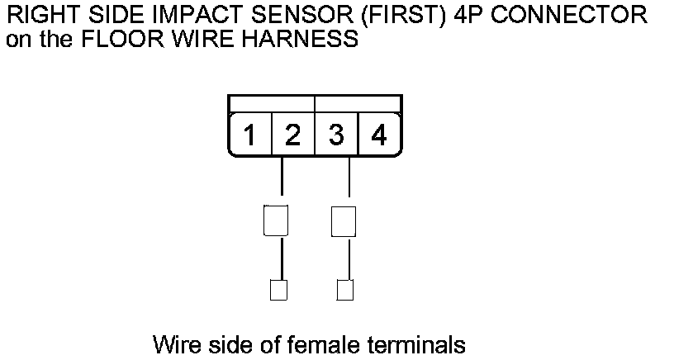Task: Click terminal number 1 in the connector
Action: (x=249, y=135)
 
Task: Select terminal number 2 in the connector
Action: (x=292, y=135)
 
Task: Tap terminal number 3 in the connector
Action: (x=335, y=135)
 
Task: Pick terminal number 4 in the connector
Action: (x=378, y=135)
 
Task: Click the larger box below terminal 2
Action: (x=275, y=220)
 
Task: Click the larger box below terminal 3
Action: (x=343, y=220)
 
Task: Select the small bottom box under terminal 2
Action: (x=278, y=290)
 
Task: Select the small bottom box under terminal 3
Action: (x=345, y=290)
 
